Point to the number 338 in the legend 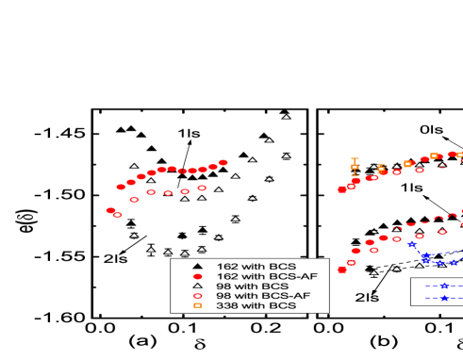pos(226,306)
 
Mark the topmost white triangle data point pos(286,118)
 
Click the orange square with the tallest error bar pos(355,167)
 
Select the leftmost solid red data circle pos(110,210)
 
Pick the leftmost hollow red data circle pos(118,215)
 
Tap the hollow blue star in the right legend pos(444,286)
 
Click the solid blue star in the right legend pos(444,298)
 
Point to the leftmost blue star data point pos(412,244)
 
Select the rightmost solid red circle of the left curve pos(223,162)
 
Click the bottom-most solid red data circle pos(341,270)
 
